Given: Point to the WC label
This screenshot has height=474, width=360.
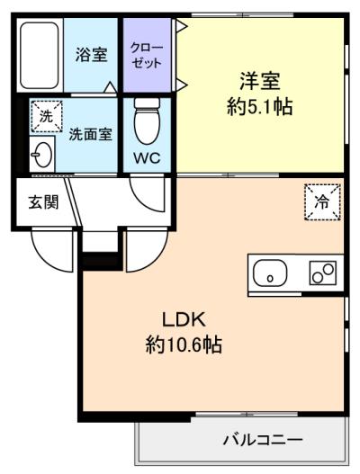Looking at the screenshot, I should pos(147,158).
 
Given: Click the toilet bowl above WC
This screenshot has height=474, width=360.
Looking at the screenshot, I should pos(146,119).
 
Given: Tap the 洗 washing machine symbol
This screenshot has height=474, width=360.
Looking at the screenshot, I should pos(45,115).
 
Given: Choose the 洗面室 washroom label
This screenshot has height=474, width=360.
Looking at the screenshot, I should pos(91,135).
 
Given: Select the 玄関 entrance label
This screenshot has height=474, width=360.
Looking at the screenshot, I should pos(42,201).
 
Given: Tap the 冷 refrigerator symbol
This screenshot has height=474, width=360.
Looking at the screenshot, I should pos(322,201).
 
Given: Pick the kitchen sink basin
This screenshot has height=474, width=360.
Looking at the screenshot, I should pos(269,273).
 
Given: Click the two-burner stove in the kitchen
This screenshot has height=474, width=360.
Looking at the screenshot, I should pos(322,273).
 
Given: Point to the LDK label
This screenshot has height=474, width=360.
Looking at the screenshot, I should pos(184,319).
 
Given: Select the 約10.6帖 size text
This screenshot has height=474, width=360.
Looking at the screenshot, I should pos(184,344).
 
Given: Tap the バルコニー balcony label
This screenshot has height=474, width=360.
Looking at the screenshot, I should pos(263,441).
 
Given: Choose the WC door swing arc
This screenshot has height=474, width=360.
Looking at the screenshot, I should pos(146,193).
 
